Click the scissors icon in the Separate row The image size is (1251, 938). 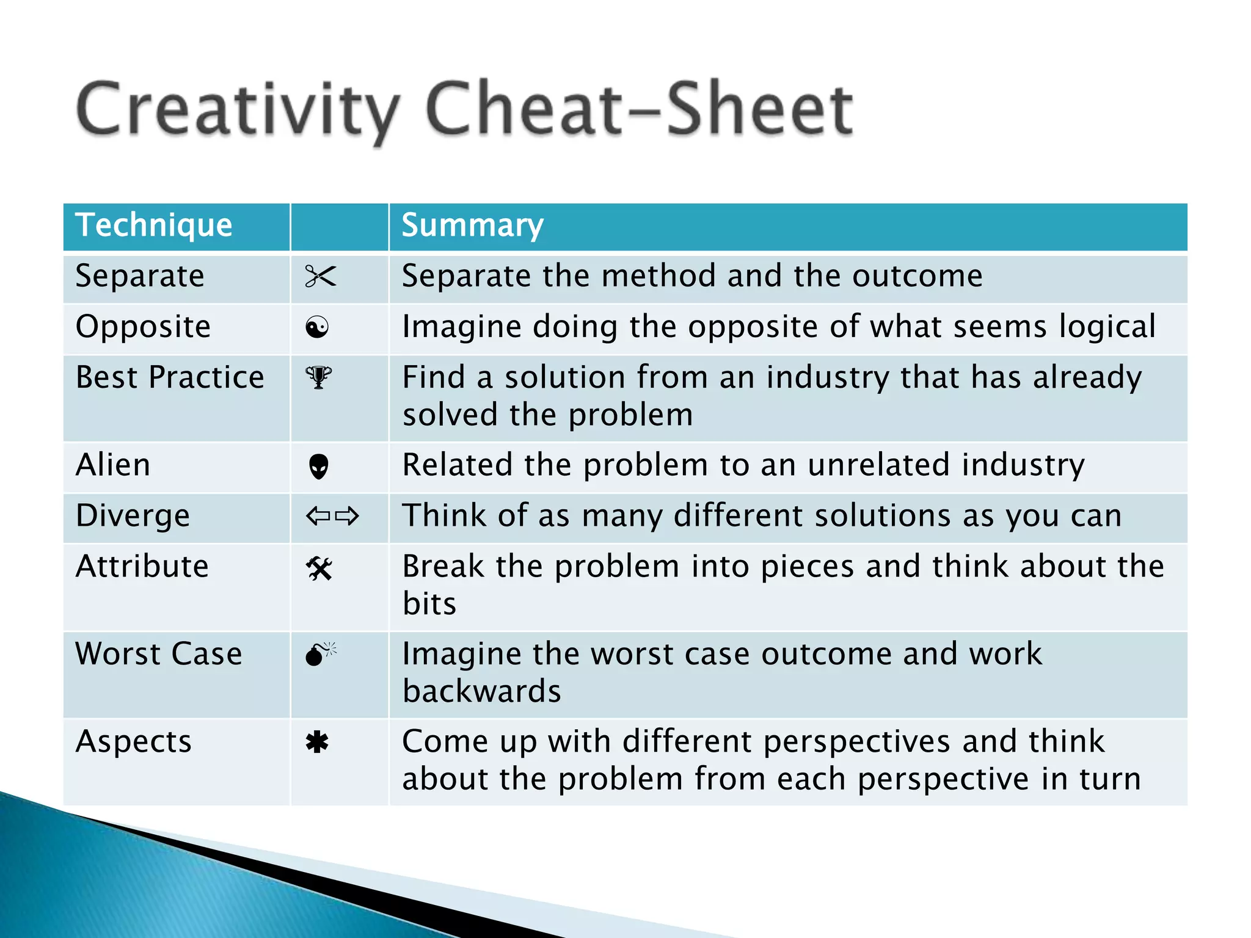click(320, 277)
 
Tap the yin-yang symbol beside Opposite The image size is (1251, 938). click(317, 328)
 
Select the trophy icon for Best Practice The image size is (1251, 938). click(318, 377)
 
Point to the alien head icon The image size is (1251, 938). click(319, 467)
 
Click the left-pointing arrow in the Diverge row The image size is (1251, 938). click(318, 517)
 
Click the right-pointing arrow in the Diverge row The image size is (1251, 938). click(347, 517)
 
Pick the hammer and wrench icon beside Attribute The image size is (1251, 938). click(319, 569)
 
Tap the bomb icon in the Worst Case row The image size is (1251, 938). click(319, 655)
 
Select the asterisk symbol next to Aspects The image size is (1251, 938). click(317, 743)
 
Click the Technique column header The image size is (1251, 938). click(153, 225)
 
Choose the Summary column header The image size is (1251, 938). click(472, 225)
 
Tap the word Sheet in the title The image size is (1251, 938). click(759, 110)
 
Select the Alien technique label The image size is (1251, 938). click(113, 465)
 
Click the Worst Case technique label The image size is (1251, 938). click(159, 654)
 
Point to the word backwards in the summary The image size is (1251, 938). click(481, 692)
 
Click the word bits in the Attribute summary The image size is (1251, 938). click(429, 604)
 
